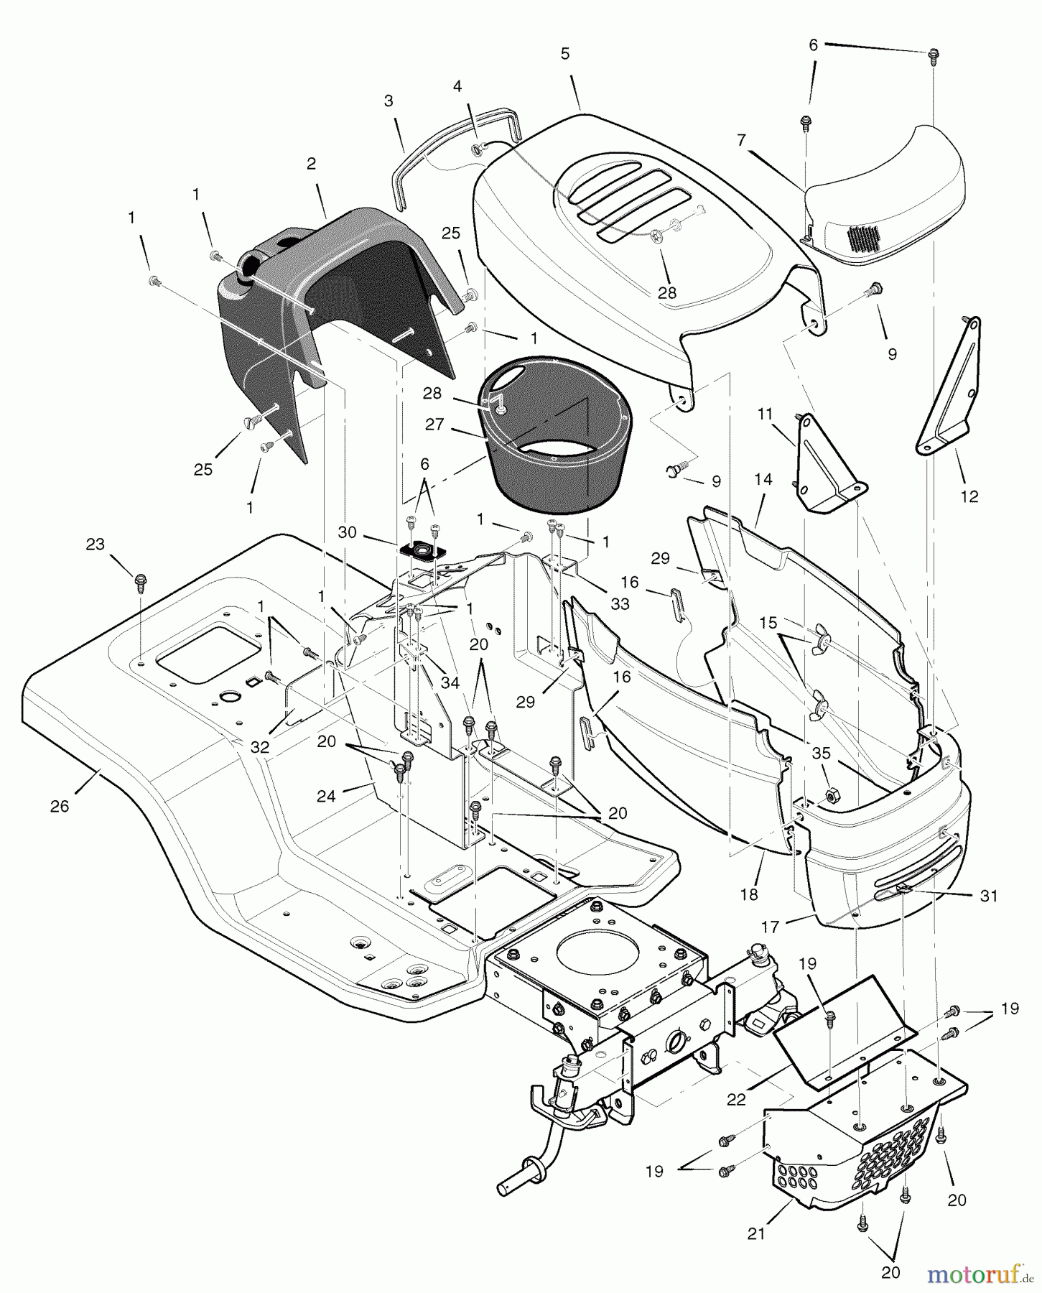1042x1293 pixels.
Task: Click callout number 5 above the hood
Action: click(x=565, y=54)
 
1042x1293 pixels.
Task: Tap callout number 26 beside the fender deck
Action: click(x=60, y=806)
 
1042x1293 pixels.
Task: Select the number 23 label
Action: click(x=96, y=544)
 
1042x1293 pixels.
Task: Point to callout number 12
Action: click(x=969, y=496)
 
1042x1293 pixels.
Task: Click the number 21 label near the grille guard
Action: click(x=756, y=1233)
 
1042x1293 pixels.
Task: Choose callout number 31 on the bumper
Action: click(x=989, y=896)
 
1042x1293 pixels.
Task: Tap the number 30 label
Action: click(x=347, y=532)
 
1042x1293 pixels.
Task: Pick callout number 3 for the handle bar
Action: click(x=389, y=101)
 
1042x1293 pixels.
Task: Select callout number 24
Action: click(x=326, y=797)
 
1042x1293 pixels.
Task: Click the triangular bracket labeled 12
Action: click(x=951, y=388)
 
